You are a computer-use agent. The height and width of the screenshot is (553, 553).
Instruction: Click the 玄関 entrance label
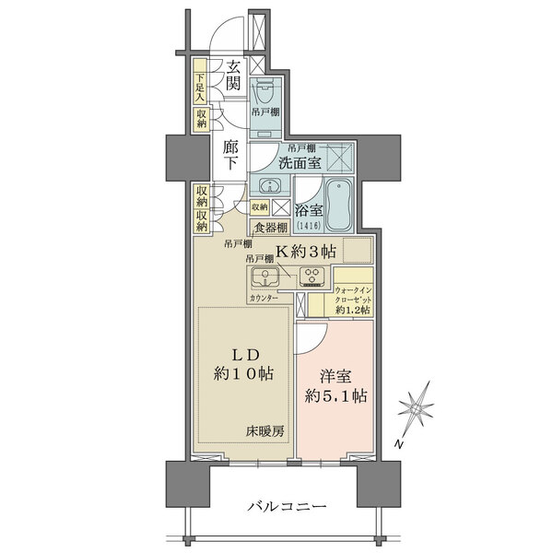[x=235, y=76]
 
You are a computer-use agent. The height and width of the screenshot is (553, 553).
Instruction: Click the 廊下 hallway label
[x=232, y=153]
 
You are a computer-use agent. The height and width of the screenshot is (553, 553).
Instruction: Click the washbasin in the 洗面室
[x=265, y=183]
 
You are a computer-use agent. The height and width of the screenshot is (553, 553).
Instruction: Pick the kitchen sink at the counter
[x=265, y=276]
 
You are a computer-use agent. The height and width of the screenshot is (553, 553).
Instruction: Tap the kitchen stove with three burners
[x=312, y=275]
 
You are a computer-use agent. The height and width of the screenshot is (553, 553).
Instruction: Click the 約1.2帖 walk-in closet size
[x=354, y=311]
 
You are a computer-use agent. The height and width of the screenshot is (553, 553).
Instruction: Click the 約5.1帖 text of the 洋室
[x=337, y=396]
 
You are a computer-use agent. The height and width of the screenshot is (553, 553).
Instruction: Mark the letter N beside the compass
[x=399, y=445]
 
